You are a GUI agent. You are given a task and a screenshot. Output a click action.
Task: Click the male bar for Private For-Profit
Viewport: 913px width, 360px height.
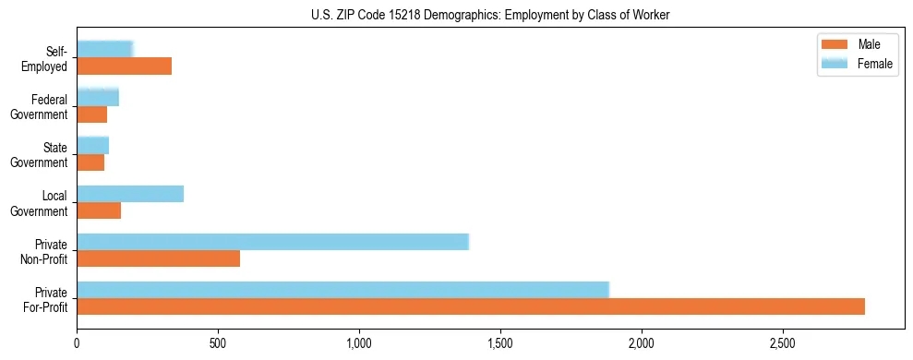(x=471, y=306)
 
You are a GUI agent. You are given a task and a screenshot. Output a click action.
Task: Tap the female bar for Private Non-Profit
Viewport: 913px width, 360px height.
(x=272, y=242)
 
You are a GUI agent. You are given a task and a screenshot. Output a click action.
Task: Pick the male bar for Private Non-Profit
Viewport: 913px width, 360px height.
(x=158, y=258)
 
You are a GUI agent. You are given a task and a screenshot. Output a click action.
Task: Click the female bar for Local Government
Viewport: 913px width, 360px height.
(x=130, y=194)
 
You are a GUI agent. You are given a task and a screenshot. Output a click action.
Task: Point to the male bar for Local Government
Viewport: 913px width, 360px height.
(x=99, y=210)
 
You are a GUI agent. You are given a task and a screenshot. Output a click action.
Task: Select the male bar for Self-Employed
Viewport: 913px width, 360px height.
(x=124, y=66)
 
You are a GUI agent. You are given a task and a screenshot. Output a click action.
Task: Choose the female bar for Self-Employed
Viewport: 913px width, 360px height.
(x=105, y=49)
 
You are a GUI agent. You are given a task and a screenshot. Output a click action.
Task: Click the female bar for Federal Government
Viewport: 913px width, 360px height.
(x=98, y=97)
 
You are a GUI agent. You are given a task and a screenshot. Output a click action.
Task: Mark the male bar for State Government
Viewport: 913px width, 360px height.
(x=90, y=162)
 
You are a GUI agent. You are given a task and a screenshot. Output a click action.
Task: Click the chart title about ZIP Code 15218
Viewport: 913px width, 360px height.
(x=491, y=14)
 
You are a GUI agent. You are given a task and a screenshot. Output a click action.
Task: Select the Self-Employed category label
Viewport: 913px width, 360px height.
(x=50, y=59)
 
